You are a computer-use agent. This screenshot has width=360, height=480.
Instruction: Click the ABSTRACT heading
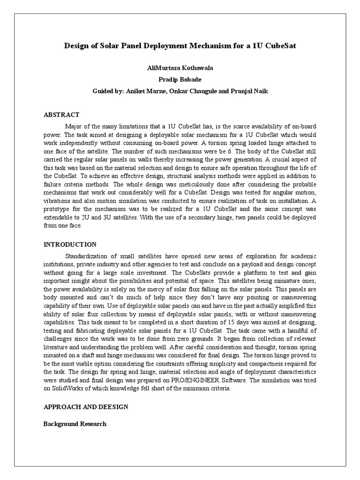coord(61,115)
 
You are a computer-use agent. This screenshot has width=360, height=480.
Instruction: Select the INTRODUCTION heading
coord(70,245)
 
